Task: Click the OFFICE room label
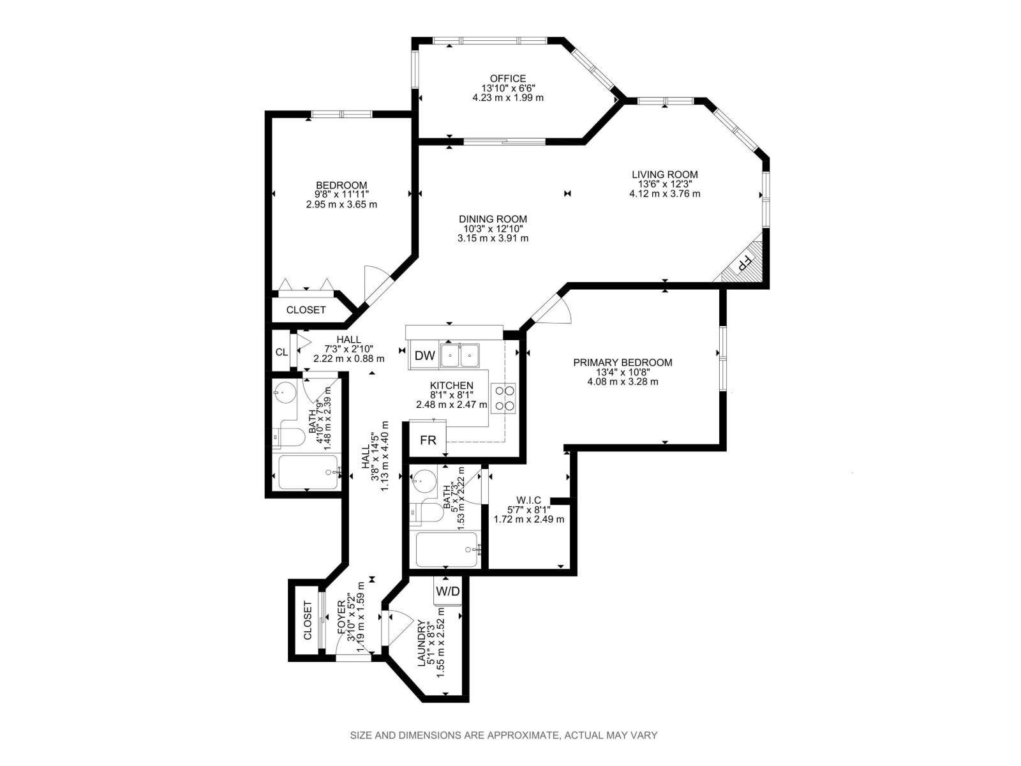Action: pos(508,79)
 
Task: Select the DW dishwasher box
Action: pos(424,356)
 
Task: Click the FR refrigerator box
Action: pos(428,440)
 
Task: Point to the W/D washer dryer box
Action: pos(447,592)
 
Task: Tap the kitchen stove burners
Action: pos(503,397)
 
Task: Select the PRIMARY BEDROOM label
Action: pos(622,363)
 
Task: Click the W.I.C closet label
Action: pos(528,500)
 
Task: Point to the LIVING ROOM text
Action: pos(664,174)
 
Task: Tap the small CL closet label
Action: pos(281,352)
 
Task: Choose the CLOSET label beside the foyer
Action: pos(307,620)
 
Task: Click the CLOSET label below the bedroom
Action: pos(306,310)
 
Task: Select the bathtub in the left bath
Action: pos(308,473)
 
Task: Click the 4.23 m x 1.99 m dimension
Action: pos(508,98)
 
